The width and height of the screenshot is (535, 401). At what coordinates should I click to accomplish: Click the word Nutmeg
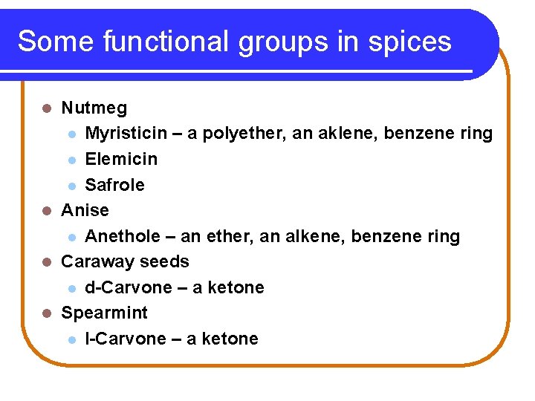(94, 108)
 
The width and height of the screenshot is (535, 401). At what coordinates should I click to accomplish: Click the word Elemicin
(121, 159)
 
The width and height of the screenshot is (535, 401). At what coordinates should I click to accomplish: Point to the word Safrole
(115, 185)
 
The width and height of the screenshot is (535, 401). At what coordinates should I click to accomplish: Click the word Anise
(85, 210)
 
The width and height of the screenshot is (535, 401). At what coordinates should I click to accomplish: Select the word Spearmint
(104, 313)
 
